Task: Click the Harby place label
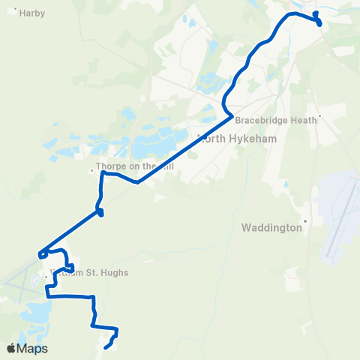33,13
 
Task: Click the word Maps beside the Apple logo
34,349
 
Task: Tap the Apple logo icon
11,348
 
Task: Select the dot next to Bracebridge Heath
320,116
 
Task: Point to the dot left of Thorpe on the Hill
92,169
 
